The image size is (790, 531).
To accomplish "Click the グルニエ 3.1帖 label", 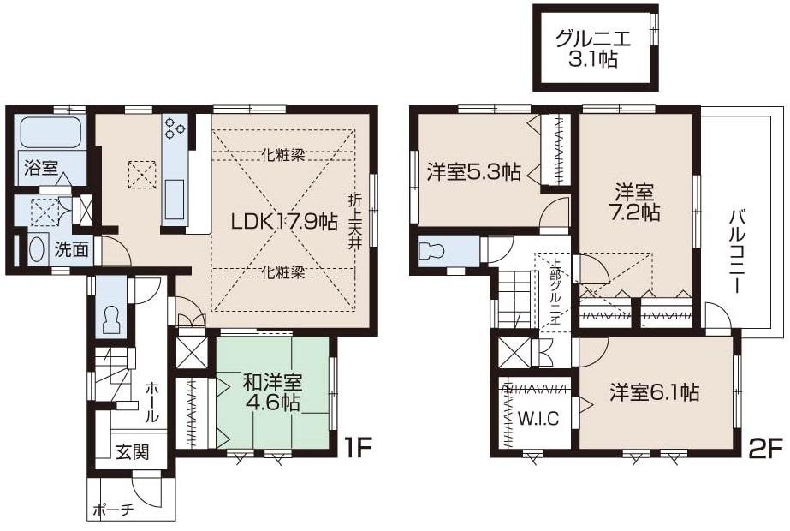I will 597,49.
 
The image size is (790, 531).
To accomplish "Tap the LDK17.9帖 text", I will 284,221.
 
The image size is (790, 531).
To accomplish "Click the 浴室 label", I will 40,169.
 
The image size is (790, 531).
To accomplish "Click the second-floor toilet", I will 431,252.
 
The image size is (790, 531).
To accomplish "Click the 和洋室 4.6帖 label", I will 271,390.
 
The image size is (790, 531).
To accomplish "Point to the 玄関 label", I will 133,452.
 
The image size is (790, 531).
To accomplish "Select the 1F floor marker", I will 358,447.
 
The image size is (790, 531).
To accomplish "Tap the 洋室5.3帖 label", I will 474,171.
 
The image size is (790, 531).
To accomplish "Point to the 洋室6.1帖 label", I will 655,393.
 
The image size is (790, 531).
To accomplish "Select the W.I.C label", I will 537,421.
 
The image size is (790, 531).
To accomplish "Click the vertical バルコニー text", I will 737,248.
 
